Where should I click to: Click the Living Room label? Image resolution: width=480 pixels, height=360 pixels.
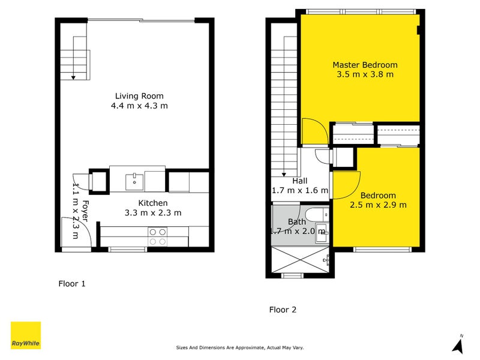click(139, 96)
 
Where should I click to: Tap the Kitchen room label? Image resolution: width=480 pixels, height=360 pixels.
click(153, 203)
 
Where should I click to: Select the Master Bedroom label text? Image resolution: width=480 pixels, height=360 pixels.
click(365, 65)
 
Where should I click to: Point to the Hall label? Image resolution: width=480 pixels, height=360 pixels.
click(299, 181)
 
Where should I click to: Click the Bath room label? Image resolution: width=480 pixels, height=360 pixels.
click(296, 221)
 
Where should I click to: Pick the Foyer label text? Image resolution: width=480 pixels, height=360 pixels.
click(85, 211)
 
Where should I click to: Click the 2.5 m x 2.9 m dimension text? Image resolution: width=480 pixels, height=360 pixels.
click(378, 205)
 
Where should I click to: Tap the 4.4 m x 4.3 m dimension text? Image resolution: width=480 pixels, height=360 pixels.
click(139, 106)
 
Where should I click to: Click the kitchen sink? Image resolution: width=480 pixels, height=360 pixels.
click(134, 182)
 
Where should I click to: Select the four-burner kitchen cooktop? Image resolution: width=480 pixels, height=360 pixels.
click(158, 236)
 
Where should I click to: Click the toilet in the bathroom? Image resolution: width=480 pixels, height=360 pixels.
click(317, 215)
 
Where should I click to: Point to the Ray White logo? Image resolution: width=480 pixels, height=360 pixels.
click(26, 335)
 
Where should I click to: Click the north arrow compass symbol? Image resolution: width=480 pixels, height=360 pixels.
click(458, 344)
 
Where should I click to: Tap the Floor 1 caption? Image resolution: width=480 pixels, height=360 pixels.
click(72, 284)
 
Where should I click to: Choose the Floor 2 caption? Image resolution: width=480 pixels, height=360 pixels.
click(283, 310)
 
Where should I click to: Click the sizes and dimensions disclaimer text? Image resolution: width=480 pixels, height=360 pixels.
click(239, 347)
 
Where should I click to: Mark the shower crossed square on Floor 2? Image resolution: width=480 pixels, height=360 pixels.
click(301, 260)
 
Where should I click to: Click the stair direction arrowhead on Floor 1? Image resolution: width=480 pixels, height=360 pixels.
click(73, 78)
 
